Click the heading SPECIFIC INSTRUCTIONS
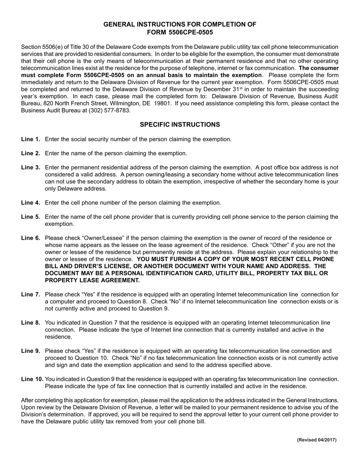(x=180, y=125)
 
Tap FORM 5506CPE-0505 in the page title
(x=180, y=32)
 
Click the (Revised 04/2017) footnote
(x=316, y=440)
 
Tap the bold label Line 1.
(x=31, y=139)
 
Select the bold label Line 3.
(x=31, y=167)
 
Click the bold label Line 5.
(x=31, y=217)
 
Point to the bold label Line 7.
(x=31, y=295)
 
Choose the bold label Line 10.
(x=32, y=379)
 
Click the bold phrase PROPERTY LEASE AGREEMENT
(x=92, y=280)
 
